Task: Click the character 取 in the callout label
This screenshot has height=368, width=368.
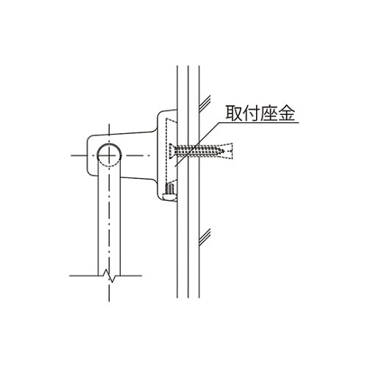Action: pyautogui.click(x=234, y=113)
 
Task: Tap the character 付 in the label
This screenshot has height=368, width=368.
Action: pyautogui.click(x=251, y=113)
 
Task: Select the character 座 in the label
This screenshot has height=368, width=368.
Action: pyautogui.click(x=269, y=113)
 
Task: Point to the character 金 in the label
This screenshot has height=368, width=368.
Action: pyautogui.click(x=286, y=113)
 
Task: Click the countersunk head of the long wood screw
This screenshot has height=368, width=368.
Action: pyautogui.click(x=171, y=151)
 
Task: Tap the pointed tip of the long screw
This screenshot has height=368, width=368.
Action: pyautogui.click(x=224, y=151)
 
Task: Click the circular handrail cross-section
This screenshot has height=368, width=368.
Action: pyautogui.click(x=109, y=155)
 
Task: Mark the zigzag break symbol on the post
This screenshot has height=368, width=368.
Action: pyautogui.click(x=109, y=275)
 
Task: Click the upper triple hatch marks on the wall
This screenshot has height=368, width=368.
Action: pyautogui.click(x=205, y=103)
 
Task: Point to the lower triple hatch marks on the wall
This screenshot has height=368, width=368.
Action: pyautogui.click(x=205, y=237)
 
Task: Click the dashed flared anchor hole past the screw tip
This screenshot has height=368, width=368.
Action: pyautogui.click(x=229, y=151)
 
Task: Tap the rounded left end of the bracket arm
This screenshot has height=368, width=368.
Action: pyautogui.click(x=88, y=155)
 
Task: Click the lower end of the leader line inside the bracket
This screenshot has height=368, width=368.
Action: pyautogui.click(x=174, y=166)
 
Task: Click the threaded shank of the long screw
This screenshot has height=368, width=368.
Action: pyautogui.click(x=198, y=151)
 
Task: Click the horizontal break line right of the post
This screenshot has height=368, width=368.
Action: pyautogui.click(x=131, y=275)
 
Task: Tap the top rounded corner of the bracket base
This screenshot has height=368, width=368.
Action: pyautogui.click(x=160, y=114)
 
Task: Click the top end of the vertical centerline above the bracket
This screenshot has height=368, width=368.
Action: pyautogui.click(x=109, y=124)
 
